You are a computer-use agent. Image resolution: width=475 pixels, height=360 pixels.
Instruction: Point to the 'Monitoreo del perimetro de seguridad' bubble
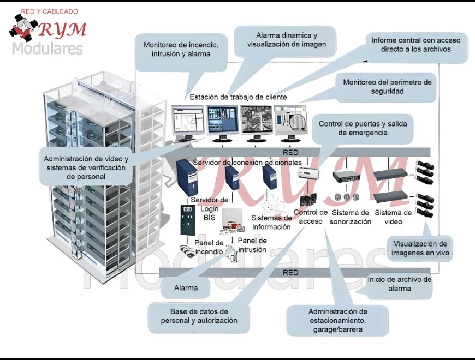tap(387, 87)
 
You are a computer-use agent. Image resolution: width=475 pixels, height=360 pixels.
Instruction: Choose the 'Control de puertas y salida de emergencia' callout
tap(363, 128)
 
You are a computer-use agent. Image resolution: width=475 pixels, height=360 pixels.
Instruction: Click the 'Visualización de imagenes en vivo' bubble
tap(420, 248)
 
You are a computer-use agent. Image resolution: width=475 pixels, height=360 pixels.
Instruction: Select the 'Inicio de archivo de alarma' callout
tap(399, 284)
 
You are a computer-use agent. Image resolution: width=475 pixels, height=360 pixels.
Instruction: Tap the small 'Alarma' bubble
tap(186, 288)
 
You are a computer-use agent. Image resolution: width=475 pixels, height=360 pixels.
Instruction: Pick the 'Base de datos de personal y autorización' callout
tap(199, 316)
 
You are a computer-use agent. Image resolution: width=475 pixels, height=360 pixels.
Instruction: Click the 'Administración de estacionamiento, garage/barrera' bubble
tap(337, 321)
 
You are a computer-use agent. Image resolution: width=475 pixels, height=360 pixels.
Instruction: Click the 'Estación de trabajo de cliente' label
tap(238, 97)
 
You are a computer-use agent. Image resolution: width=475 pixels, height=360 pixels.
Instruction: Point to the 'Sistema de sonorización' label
tap(351, 217)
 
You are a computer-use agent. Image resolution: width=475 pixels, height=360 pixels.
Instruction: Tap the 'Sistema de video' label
tap(393, 217)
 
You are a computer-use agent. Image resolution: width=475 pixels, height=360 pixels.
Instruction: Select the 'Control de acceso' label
tap(311, 217)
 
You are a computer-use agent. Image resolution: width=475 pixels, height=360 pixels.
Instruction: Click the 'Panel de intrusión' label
tap(252, 245)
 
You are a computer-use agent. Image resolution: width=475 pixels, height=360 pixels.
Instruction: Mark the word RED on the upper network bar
tap(290, 153)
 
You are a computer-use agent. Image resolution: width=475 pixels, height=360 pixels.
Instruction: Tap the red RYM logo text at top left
tap(62, 29)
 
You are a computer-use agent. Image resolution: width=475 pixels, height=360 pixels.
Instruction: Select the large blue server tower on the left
tap(187, 177)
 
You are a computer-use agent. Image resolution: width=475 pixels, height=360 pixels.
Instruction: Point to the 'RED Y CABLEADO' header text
tap(49, 11)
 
